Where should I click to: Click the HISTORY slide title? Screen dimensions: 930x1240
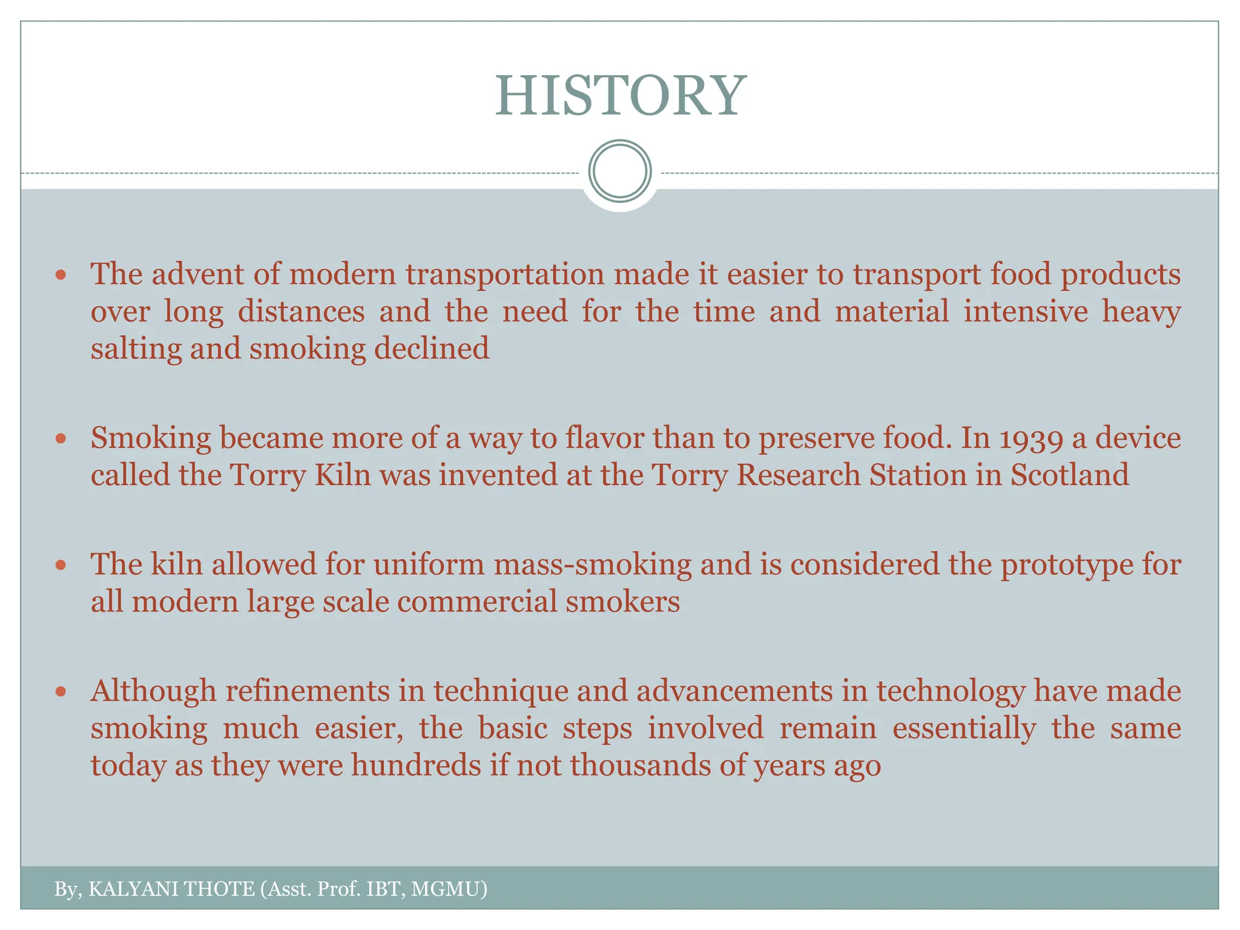click(x=620, y=96)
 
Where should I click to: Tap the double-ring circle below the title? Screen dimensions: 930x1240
click(x=620, y=171)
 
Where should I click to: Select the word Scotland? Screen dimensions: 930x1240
click(x=1069, y=475)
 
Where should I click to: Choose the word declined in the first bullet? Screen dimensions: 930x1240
click(x=431, y=349)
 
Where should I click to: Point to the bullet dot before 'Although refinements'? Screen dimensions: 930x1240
click(x=60, y=691)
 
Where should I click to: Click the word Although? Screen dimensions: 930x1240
click(x=153, y=691)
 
